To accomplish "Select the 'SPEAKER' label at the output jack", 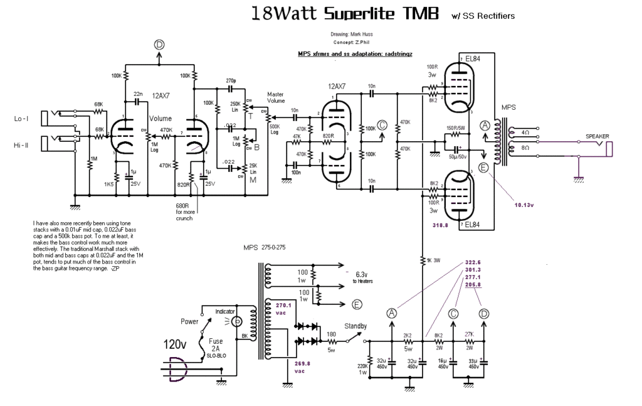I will [597, 136].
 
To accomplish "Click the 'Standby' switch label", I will [355, 326].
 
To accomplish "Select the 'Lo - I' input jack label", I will [22, 119].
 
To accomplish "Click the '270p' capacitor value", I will [231, 81].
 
